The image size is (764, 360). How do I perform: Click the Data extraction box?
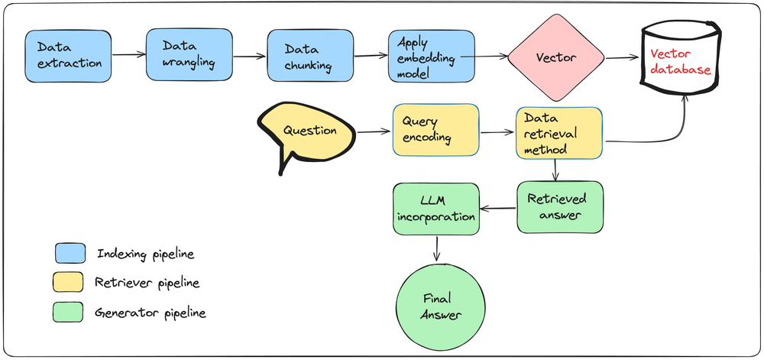click(x=67, y=56)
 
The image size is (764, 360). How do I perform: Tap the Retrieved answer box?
click(x=559, y=206)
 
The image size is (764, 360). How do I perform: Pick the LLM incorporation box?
click(x=435, y=208)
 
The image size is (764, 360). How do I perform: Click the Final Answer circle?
click(x=438, y=306)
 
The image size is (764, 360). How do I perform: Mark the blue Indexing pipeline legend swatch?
click(x=70, y=253)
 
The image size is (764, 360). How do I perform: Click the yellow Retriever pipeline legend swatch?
click(x=70, y=282)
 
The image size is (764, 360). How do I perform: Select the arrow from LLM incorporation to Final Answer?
click(x=437, y=251)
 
